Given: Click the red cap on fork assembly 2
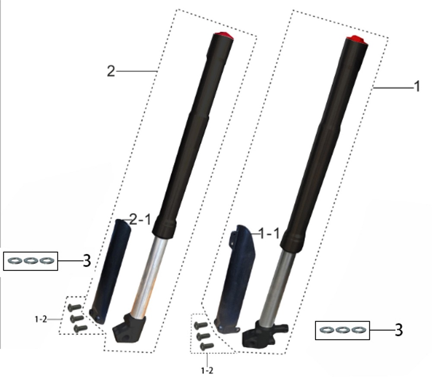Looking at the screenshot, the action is pyautogui.click(x=223, y=35).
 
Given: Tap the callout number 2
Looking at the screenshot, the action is pyautogui.click(x=111, y=71).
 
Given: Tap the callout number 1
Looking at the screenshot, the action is pyautogui.click(x=417, y=86).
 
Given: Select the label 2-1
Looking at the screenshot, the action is pyautogui.click(x=140, y=220).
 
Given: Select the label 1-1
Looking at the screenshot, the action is pyautogui.click(x=269, y=234).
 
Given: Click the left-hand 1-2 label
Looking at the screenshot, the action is pyautogui.click(x=41, y=319).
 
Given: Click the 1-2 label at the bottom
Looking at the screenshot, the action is pyautogui.click(x=207, y=371).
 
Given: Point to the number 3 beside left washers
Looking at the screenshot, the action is pyautogui.click(x=87, y=260).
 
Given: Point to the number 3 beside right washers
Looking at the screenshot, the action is pyautogui.click(x=399, y=330).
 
